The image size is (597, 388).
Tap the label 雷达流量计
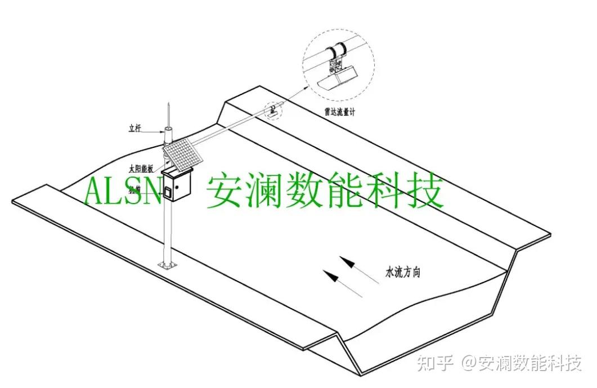coord(336,112)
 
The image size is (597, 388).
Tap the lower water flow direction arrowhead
coord(329,276)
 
